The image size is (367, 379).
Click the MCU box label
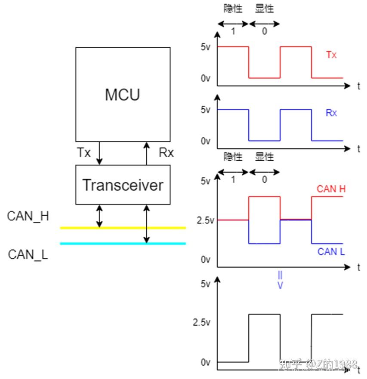[x=123, y=95]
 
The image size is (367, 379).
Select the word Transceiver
[x=123, y=185]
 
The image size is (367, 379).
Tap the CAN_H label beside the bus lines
[x=28, y=216]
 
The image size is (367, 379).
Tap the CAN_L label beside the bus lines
[x=28, y=254]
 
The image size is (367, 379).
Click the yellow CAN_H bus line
[x=123, y=228]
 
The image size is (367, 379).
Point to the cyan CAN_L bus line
[x=123, y=243]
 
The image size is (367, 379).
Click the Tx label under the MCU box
[x=84, y=153]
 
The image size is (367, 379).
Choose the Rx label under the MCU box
[x=167, y=153]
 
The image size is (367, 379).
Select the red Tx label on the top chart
[x=331, y=55]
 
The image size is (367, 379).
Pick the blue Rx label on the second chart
[x=331, y=113]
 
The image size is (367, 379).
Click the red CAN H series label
[x=331, y=189]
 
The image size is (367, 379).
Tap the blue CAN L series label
[x=331, y=252]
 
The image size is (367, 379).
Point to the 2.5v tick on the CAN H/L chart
[x=205, y=220]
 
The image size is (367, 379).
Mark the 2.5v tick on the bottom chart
[x=201, y=322]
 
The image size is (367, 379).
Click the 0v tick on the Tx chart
[x=205, y=78]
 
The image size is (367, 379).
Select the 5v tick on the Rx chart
[x=205, y=110]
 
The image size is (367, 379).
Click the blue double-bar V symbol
[x=280, y=280]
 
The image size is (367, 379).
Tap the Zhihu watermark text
[x=318, y=364]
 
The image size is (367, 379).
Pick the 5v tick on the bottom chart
[x=205, y=284]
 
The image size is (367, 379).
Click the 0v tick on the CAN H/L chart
[x=205, y=260]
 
